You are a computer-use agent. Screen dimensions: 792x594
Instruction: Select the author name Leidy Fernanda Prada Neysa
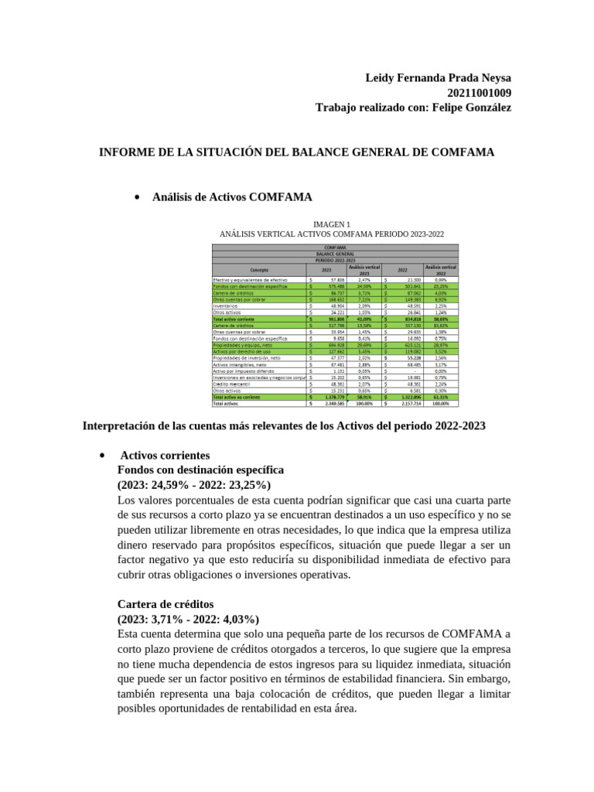coord(437,78)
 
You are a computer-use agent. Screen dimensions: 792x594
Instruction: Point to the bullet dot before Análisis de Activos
coord(137,197)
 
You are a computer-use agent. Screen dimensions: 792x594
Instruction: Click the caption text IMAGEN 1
coord(332,224)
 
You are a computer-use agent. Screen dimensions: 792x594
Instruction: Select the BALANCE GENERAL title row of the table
coord(335,253)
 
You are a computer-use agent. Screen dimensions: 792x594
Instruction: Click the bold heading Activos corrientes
coord(165,456)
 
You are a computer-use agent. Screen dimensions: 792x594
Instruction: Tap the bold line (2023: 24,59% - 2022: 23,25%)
coord(193,485)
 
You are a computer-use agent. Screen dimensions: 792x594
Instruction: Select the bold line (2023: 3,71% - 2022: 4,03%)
coord(188,619)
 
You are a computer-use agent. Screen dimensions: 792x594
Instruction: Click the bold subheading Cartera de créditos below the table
coord(166,604)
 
